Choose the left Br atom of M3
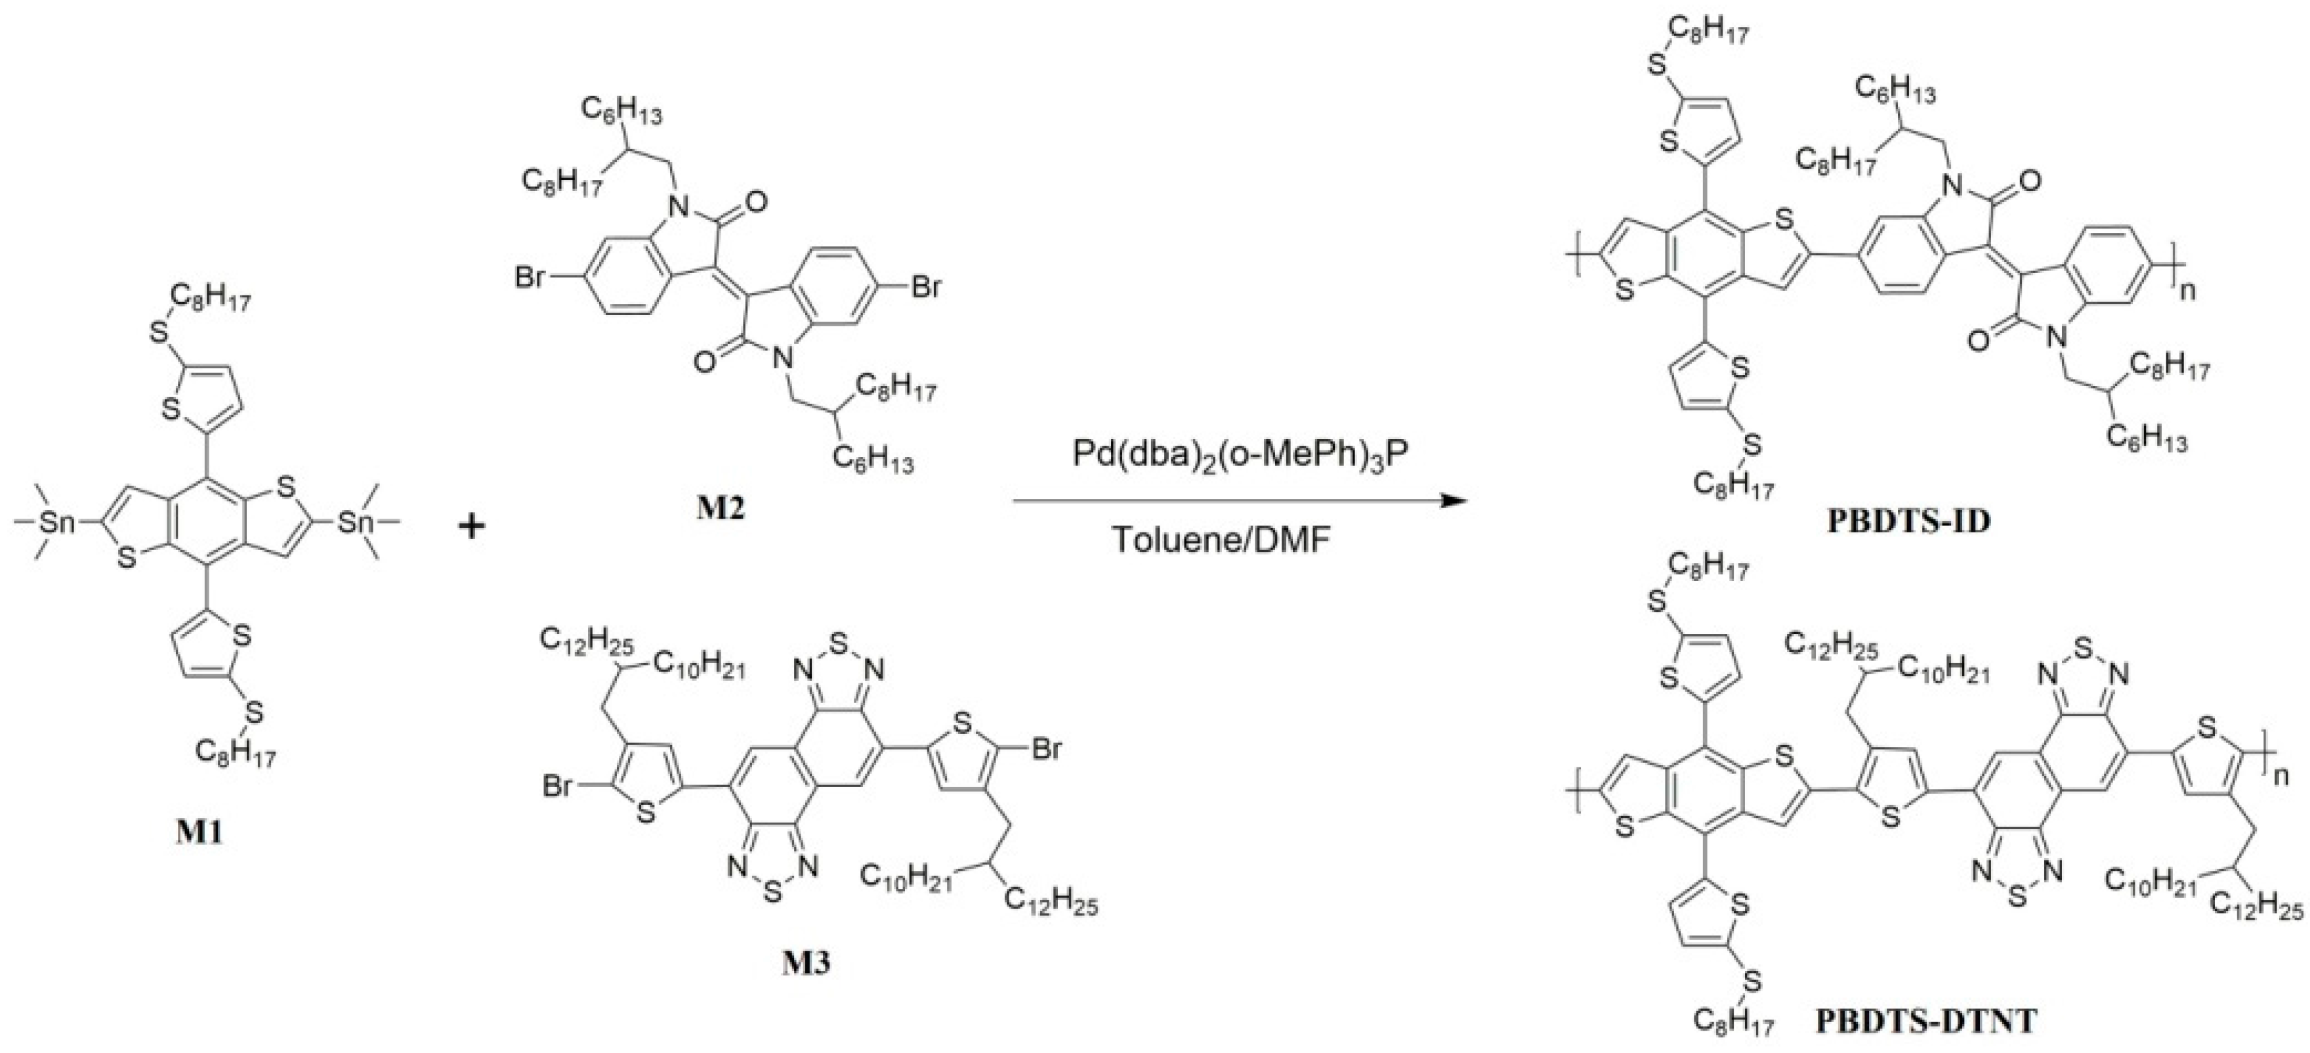560,786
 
